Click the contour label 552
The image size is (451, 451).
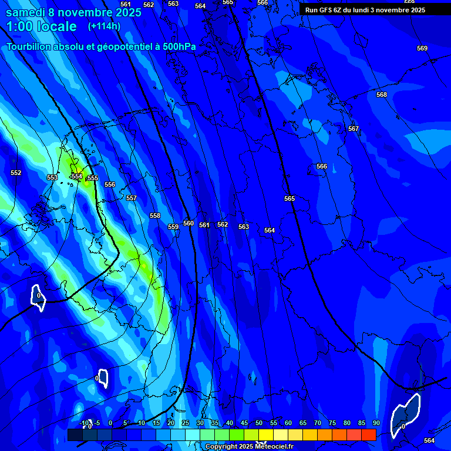tap(16, 173)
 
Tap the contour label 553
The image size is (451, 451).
tap(52, 177)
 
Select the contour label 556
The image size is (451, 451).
tap(110, 184)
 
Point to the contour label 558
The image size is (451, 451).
tap(155, 216)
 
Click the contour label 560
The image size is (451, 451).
tap(188, 223)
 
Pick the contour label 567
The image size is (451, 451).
tap(354, 129)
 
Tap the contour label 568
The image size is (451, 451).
tap(382, 95)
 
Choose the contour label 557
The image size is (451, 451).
tap(132, 198)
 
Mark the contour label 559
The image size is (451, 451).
tap(173, 227)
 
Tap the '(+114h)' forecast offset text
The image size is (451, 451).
tap(104, 26)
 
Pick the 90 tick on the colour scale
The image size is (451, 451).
tap(376, 423)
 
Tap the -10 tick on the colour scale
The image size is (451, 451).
tap(84, 423)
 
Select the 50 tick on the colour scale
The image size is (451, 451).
tap(259, 423)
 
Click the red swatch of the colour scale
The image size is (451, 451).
tap(369, 435)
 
